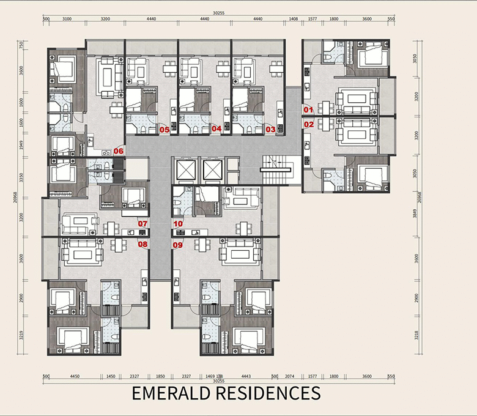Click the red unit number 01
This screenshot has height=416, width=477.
coord(308,110)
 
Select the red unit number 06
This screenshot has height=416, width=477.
coord(119,150)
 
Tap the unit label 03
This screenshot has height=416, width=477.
coord(270,129)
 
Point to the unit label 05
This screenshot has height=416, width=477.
coord(164,129)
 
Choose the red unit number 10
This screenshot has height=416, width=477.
coord(178,224)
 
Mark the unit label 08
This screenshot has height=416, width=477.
coord(142,245)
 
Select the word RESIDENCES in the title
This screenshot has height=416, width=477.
coord(268,393)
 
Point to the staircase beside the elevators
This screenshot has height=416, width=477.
coord(276,168)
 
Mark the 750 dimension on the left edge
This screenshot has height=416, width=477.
coord(21,44)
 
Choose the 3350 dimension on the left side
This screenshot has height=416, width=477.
coord(21,178)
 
